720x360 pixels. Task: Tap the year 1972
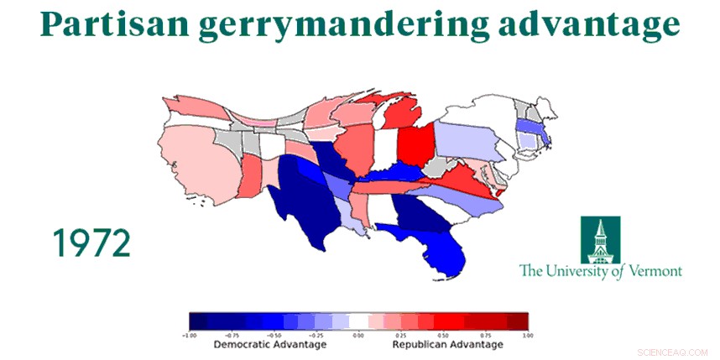coord(91,243)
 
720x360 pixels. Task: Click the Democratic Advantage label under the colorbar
coord(269,344)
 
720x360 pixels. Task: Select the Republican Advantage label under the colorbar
coord(447,344)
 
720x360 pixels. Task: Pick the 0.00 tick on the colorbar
coord(358,333)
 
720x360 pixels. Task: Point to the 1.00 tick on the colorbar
coord(526,333)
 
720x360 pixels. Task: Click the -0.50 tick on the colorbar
coord(274,333)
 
